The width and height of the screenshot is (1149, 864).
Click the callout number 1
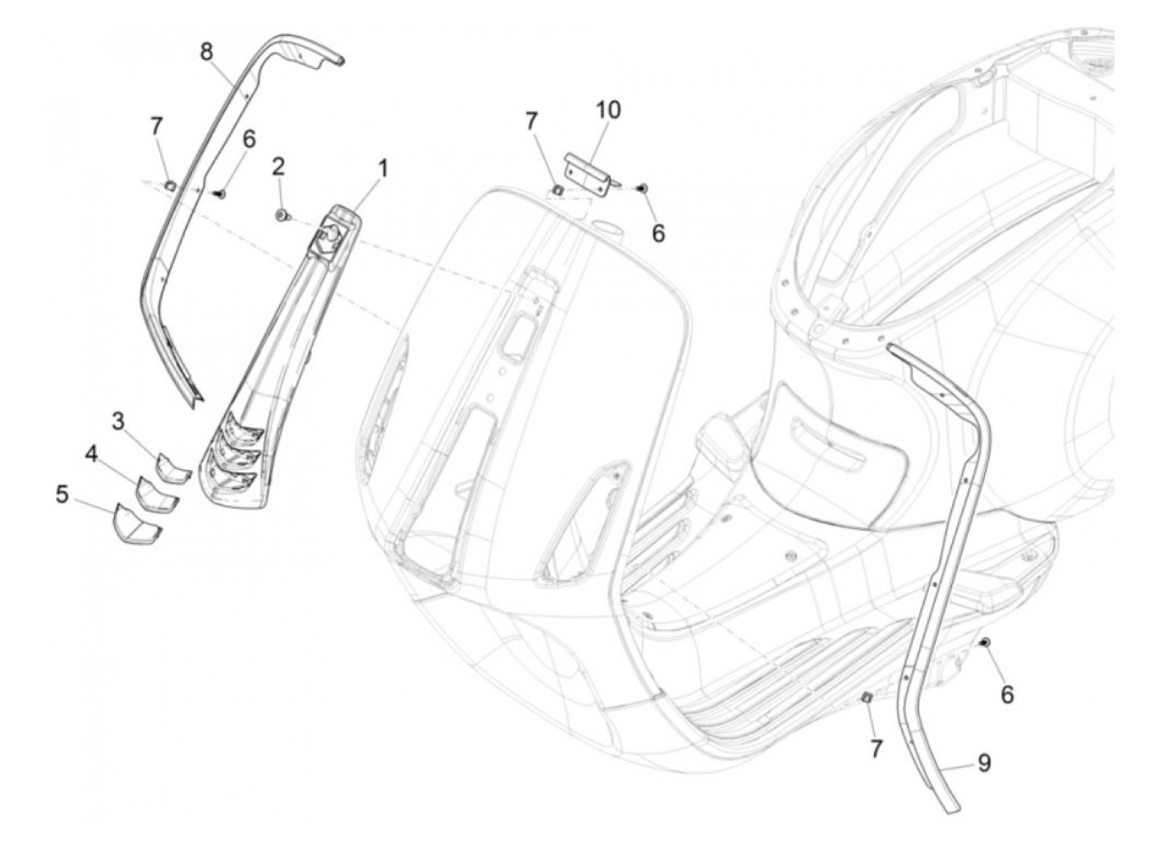(x=382, y=168)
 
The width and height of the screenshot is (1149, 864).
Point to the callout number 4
(x=92, y=453)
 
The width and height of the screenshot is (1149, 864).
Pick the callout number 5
(x=62, y=495)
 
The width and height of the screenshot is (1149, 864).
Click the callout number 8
(x=207, y=51)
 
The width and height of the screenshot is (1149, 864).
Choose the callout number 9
(x=984, y=763)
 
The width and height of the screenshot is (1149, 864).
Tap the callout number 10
(x=609, y=110)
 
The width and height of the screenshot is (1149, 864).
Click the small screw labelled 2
(x=282, y=215)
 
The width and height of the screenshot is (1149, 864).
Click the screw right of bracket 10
(x=644, y=189)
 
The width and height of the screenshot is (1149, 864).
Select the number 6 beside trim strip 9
(x=1007, y=695)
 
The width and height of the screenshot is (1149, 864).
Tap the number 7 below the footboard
(x=876, y=748)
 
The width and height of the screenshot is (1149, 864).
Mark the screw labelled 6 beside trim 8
(x=220, y=194)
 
